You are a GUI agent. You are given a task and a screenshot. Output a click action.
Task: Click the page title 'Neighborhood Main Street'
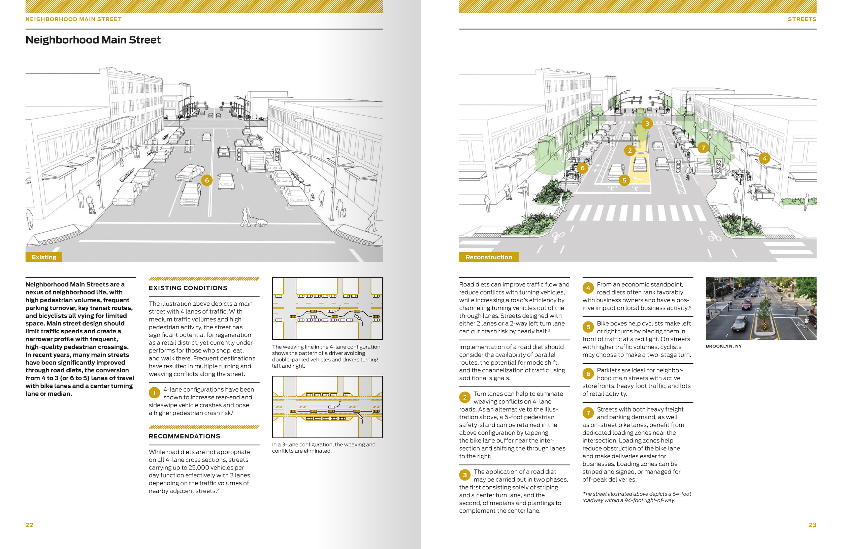93,40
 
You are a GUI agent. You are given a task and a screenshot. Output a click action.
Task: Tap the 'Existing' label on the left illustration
44,257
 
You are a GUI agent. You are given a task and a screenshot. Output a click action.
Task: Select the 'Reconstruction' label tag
488,257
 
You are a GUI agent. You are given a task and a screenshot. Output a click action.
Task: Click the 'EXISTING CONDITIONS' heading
188,288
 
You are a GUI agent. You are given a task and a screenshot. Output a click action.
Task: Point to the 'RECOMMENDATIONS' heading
184,436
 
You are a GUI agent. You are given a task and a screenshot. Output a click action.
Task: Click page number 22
29,525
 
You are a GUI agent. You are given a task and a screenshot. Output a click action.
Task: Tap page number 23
812,525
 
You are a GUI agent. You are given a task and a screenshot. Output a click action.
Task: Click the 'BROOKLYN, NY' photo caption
723,346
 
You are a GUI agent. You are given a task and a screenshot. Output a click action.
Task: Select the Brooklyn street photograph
760,308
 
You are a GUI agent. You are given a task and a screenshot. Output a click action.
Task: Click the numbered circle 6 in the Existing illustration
207,180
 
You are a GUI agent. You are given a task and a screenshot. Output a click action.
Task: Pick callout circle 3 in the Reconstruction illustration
647,123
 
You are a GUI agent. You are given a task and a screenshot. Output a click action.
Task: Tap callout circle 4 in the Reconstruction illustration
765,158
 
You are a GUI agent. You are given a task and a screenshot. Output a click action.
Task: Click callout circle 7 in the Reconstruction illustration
703,148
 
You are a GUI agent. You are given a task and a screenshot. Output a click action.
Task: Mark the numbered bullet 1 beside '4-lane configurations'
154,393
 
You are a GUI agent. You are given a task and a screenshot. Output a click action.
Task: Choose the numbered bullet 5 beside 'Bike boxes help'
588,327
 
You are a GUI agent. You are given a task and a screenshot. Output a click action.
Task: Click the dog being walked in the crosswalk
261,222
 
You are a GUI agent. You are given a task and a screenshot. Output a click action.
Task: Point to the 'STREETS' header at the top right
802,19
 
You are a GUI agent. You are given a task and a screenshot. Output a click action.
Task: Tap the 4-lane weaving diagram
327,308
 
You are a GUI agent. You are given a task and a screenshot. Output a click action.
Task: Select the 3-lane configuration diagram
327,407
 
